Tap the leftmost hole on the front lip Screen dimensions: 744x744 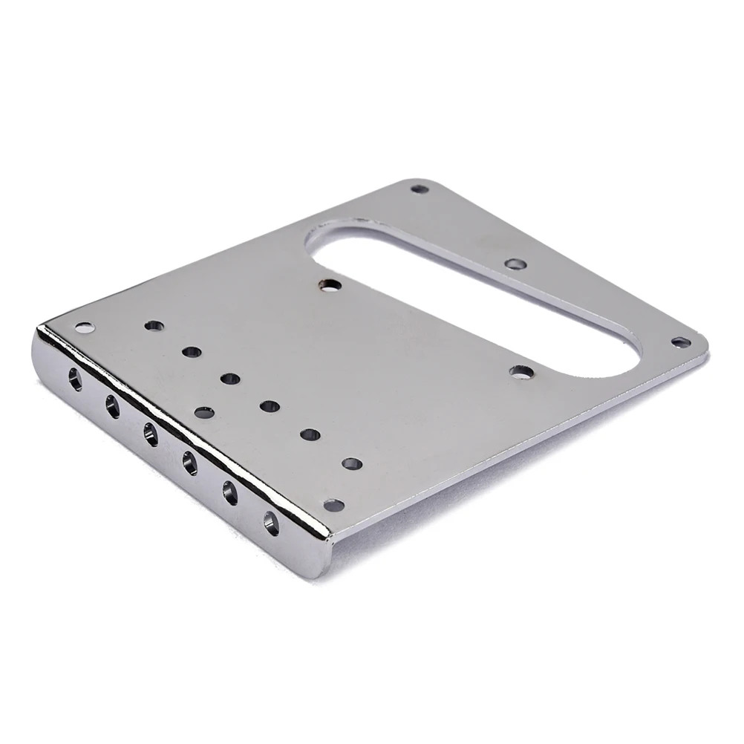click(75, 379)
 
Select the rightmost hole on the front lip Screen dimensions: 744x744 click(271, 523)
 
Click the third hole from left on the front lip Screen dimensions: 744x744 click(151, 434)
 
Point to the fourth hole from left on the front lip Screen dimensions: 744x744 click(189, 463)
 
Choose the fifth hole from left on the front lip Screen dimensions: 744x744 click(230, 492)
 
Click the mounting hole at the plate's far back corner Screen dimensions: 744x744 click(420, 189)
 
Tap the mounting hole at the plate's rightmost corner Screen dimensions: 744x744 click(681, 342)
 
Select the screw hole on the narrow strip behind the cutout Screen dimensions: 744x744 click(515, 264)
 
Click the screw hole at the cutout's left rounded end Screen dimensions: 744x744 click(331, 284)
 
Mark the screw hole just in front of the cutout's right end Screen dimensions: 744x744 click(522, 371)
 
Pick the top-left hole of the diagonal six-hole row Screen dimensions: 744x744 click(154, 326)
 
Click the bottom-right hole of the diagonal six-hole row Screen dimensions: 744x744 click(352, 464)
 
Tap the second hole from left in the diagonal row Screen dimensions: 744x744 click(192, 352)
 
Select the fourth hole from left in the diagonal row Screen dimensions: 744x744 click(270, 406)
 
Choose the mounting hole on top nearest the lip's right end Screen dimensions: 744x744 click(334, 506)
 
